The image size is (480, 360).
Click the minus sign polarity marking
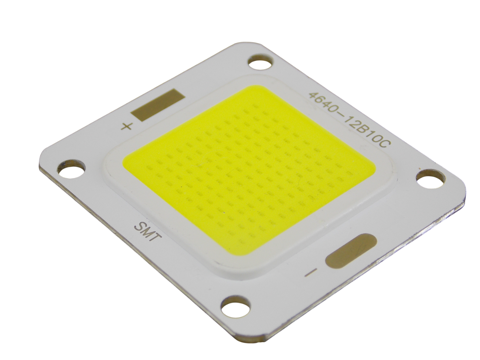(310, 273)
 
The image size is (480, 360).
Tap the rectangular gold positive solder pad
(159, 105)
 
